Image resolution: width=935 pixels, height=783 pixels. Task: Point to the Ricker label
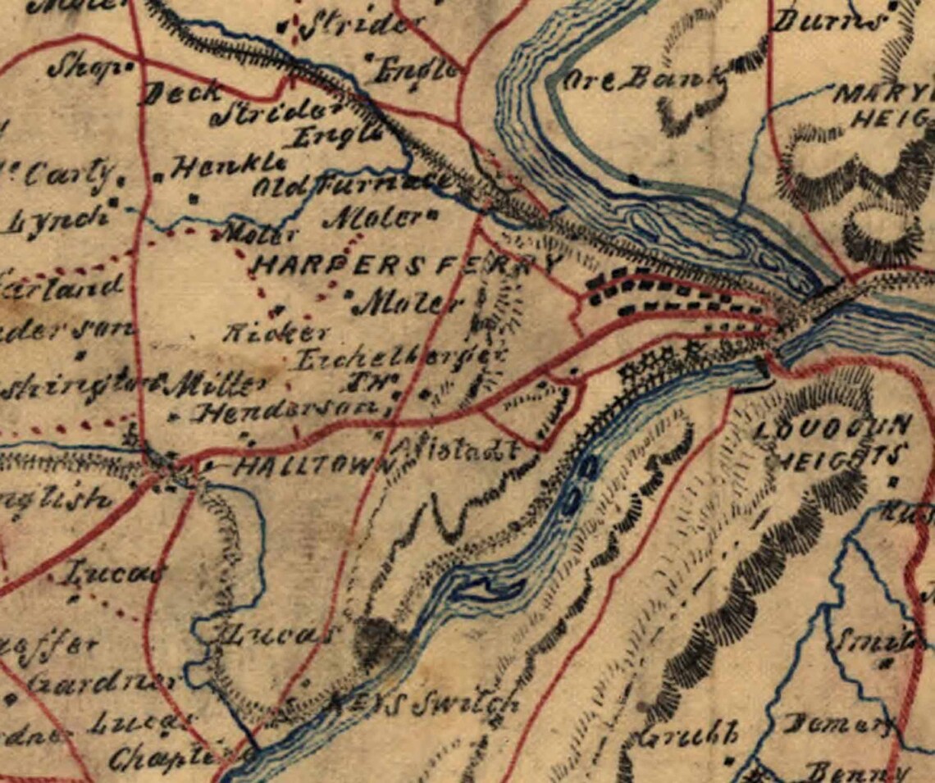[276, 332]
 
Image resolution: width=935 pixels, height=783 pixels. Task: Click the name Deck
[182, 93]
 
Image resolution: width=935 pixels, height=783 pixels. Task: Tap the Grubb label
[690, 734]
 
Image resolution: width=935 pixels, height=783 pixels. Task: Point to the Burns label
[829, 20]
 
